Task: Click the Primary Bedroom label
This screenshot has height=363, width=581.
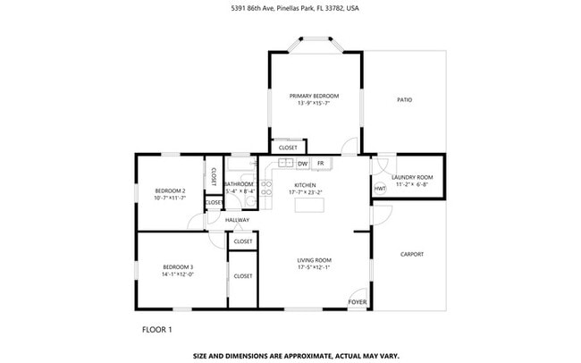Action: click(x=315, y=95)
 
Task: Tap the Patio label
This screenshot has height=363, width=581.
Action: click(x=404, y=99)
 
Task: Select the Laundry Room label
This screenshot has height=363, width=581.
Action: click(x=412, y=177)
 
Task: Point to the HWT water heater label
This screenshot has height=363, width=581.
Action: click(x=380, y=189)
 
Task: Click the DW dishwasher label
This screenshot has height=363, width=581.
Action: click(x=302, y=164)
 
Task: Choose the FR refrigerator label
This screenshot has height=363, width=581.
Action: click(x=320, y=164)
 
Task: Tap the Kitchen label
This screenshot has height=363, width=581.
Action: click(x=306, y=184)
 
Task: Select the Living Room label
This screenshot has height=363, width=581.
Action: click(x=315, y=260)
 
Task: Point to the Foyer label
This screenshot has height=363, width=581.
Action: click(x=357, y=302)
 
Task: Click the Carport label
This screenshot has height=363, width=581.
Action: click(x=412, y=254)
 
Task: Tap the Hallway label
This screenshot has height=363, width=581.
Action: click(x=237, y=220)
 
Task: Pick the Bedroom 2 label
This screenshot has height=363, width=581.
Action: click(x=170, y=190)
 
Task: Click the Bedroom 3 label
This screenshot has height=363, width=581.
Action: click(x=178, y=266)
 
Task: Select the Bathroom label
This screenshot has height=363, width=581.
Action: click(x=240, y=184)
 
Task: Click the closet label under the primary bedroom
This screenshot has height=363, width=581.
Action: click(x=288, y=148)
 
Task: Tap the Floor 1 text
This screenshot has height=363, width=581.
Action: click(x=157, y=330)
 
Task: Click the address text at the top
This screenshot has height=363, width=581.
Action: click(x=290, y=9)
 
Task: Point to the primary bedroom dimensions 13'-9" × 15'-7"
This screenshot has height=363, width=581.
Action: click(x=315, y=103)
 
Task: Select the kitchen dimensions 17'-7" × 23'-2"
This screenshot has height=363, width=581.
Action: click(x=306, y=192)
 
